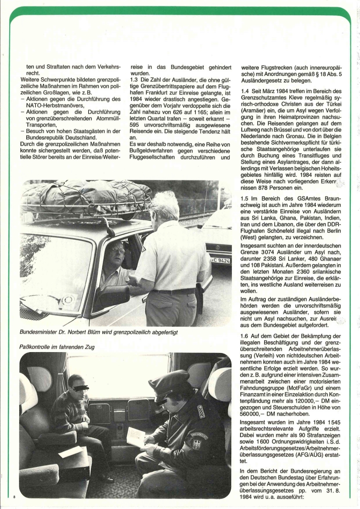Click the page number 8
click(14, 497)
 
